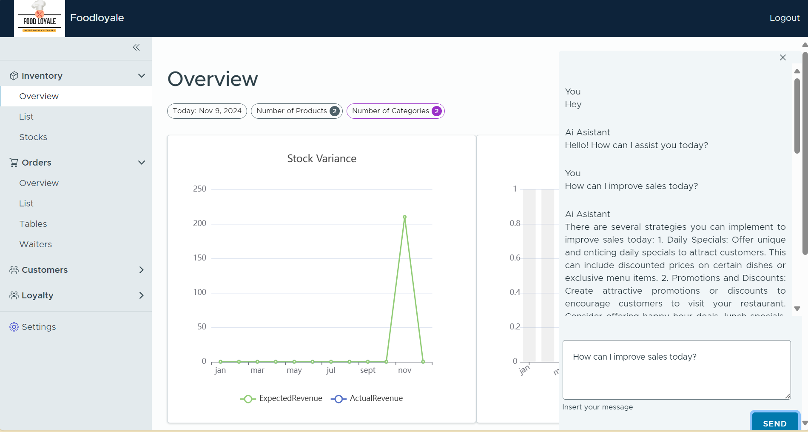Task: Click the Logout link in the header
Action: (784, 18)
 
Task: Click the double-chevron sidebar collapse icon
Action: (136, 47)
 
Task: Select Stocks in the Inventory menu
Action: (33, 137)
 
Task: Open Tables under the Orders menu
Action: (33, 224)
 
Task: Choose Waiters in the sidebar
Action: (36, 244)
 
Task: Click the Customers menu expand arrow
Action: (141, 270)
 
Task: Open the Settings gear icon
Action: (14, 327)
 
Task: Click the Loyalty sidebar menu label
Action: (37, 295)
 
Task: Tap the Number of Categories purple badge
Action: (436, 111)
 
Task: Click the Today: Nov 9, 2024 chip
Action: (207, 111)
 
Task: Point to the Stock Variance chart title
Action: (321, 159)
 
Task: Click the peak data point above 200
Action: (404, 217)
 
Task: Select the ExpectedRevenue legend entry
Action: (282, 399)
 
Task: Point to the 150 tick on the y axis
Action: (199, 258)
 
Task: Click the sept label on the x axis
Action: (367, 370)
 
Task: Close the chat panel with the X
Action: (782, 57)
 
